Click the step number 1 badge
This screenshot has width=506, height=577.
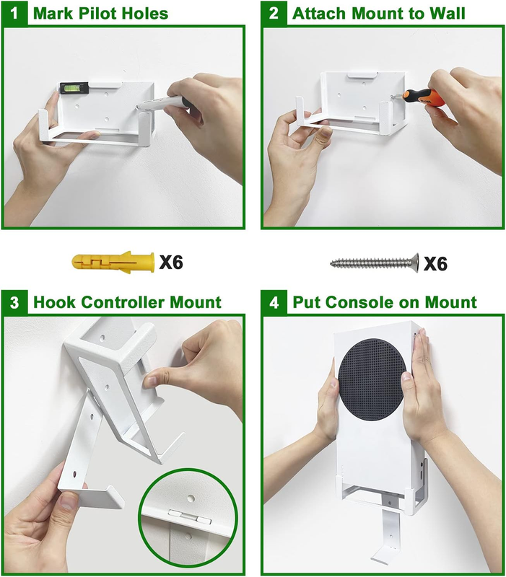pos(14,14)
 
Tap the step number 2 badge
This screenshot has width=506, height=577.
pos(274,14)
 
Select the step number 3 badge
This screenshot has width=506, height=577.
pos(14,302)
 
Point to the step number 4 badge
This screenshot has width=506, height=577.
pos(274,302)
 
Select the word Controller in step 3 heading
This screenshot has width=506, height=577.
pos(123,302)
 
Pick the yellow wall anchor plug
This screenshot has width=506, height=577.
pos(113,263)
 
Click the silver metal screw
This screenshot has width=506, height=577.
pos(375,263)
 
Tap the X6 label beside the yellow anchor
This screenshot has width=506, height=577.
pos(171,263)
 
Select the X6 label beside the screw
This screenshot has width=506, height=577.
pos(436,263)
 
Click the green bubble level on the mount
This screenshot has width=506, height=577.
pos(74,87)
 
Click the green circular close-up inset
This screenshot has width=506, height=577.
pos(188,519)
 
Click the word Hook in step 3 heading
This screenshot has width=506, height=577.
pos(55,302)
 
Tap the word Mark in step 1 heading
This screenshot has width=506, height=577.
pos(54,14)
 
